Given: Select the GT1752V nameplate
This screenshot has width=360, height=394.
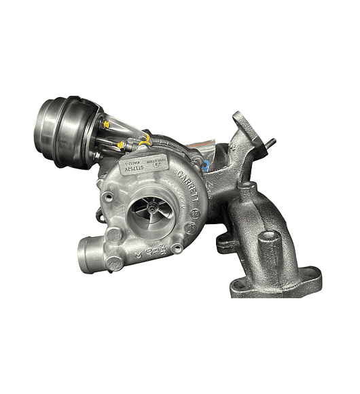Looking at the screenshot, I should pos(142,163).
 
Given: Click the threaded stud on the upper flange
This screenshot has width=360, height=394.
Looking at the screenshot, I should pos(272,144).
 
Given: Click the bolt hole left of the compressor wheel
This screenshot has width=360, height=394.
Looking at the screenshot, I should pos(107,197).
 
